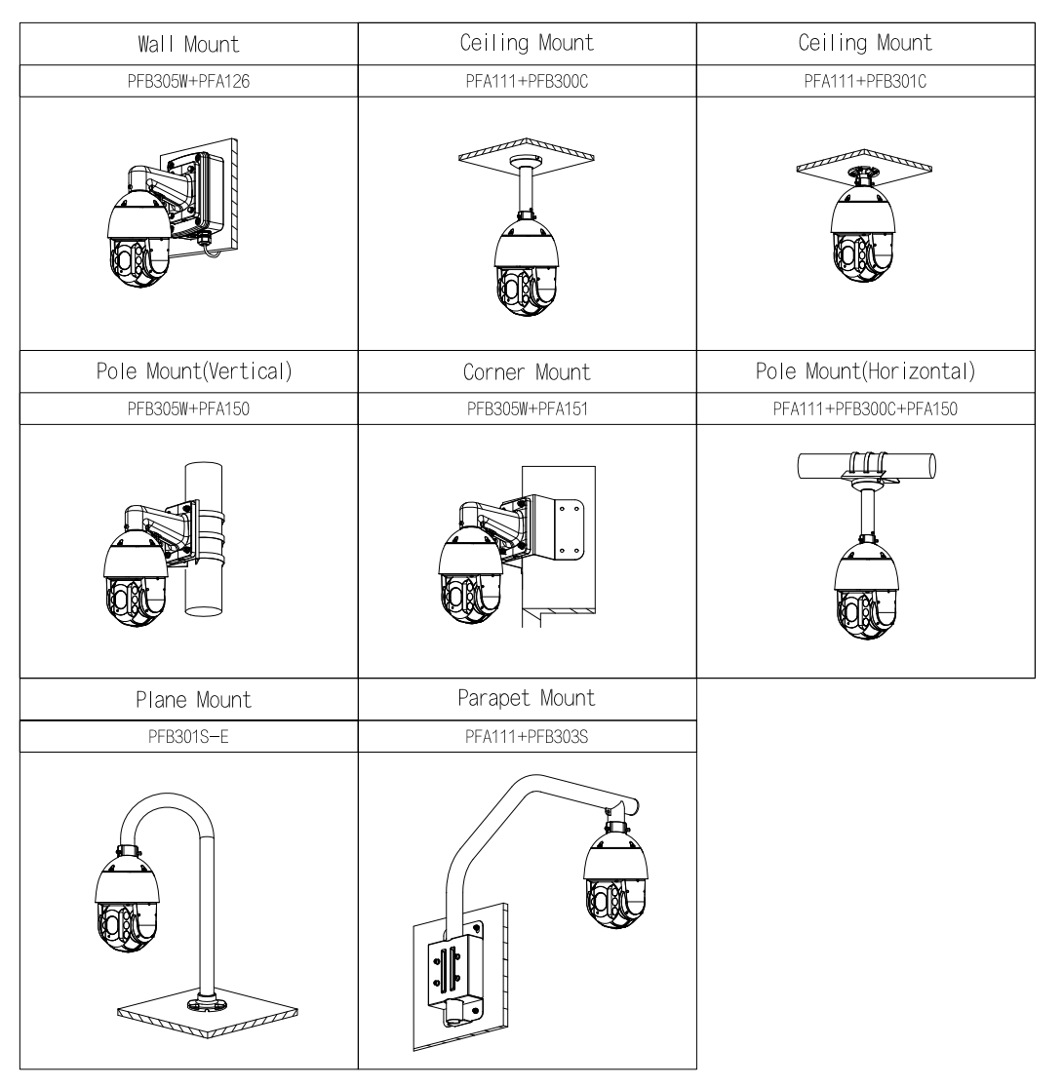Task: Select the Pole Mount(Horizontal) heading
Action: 866,376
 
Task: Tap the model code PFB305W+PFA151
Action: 528,411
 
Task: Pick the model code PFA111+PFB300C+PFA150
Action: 866,411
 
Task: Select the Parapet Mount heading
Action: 528,699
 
